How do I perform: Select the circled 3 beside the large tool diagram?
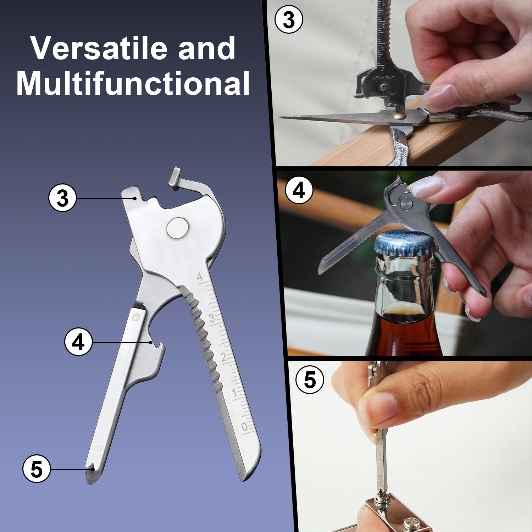click(x=62, y=198)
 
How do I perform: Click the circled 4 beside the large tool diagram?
click(x=78, y=342)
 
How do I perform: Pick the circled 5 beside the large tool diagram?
click(x=37, y=469)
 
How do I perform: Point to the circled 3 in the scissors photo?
click(x=289, y=20)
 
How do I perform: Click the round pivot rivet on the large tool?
click(x=178, y=227)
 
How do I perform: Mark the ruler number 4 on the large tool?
click(x=200, y=277)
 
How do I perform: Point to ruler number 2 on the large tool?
click(x=224, y=357)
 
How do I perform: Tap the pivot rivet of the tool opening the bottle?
click(x=406, y=203)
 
